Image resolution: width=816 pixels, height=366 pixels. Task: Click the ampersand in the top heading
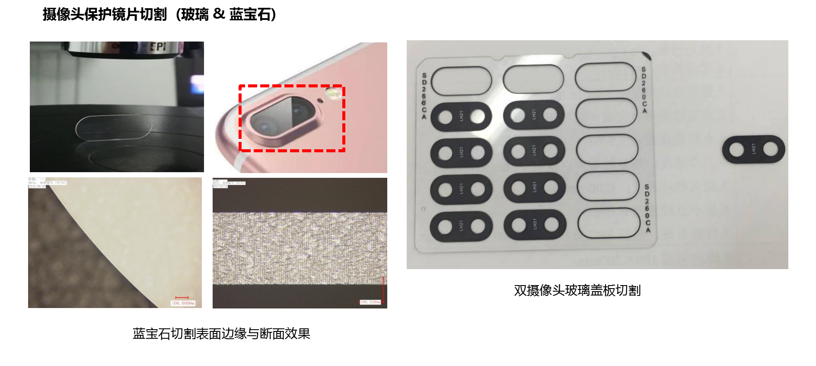(219, 14)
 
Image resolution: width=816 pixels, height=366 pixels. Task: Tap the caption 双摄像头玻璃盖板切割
(577, 290)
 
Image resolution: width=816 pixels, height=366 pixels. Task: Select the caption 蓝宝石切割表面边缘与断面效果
(221, 334)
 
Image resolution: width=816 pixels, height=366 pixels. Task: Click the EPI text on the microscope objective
(158, 46)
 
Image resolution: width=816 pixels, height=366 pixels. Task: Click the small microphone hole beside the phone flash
(320, 100)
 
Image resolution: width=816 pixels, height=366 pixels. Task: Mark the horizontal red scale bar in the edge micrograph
(182, 297)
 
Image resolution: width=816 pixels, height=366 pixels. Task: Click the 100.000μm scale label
(183, 303)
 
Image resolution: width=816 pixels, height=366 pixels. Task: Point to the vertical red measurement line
(383, 290)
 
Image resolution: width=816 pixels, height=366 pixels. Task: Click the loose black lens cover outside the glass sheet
(753, 150)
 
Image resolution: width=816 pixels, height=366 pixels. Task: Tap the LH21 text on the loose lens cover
(753, 149)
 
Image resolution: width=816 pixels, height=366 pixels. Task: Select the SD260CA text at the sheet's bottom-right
(647, 208)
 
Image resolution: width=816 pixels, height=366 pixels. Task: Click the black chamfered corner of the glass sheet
(647, 55)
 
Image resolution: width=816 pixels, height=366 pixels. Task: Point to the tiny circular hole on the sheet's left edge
(423, 209)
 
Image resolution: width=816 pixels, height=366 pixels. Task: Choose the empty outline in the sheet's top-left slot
(461, 81)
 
